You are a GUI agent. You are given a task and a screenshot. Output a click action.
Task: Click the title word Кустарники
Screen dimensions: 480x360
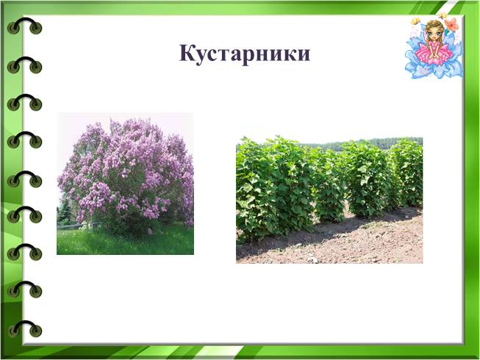pos(244,54)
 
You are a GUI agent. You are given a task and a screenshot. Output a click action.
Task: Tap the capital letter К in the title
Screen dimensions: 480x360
pos(187,53)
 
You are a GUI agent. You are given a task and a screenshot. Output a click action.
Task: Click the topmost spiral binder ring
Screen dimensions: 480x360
pos(24,26)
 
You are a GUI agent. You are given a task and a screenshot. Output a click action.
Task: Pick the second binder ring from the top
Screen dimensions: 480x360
pos(24,65)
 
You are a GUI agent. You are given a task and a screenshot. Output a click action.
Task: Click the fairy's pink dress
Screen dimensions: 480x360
pos(434,51)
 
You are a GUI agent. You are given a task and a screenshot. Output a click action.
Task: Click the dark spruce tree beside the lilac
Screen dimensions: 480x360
pos(64,211)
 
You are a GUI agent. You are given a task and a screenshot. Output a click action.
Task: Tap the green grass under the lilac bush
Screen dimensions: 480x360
pos(125,241)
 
